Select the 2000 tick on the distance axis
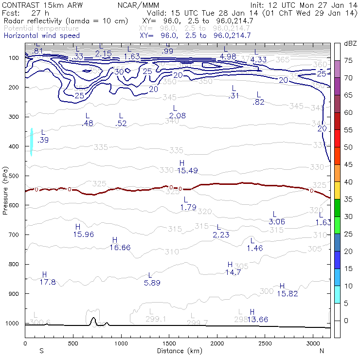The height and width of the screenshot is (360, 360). (217, 343)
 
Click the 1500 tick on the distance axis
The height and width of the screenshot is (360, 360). (169, 343)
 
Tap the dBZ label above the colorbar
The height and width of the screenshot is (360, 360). (350, 43)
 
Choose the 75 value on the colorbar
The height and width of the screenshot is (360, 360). (349, 60)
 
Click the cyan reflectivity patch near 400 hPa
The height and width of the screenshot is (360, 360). (31, 142)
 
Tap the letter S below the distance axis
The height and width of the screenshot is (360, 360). (42, 350)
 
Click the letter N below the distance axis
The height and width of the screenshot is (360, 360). (322, 350)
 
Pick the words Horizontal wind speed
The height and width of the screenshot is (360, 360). (41, 36)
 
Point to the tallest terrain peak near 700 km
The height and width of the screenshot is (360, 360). (93, 319)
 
